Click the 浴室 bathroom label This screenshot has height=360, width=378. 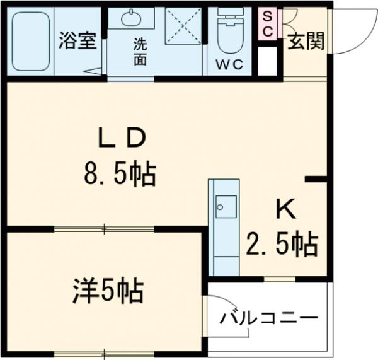(x=77, y=42)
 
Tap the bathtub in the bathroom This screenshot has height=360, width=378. (x=31, y=42)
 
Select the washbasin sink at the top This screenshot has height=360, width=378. (x=131, y=18)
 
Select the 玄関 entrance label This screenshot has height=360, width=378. (x=307, y=42)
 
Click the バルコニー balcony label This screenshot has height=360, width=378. (x=268, y=318)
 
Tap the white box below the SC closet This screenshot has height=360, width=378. (x=268, y=60)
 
